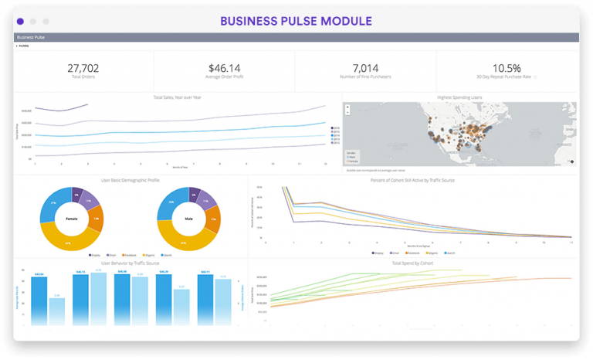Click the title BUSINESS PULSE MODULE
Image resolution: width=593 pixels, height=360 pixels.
click(296, 21)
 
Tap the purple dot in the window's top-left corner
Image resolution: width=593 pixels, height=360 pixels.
click(20, 22)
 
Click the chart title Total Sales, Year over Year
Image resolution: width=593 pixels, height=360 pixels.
click(177, 97)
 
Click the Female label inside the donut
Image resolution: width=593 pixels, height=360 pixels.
click(71, 219)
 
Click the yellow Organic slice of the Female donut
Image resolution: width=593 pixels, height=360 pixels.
click(69, 242)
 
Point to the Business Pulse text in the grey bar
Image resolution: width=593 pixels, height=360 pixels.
click(30, 37)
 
